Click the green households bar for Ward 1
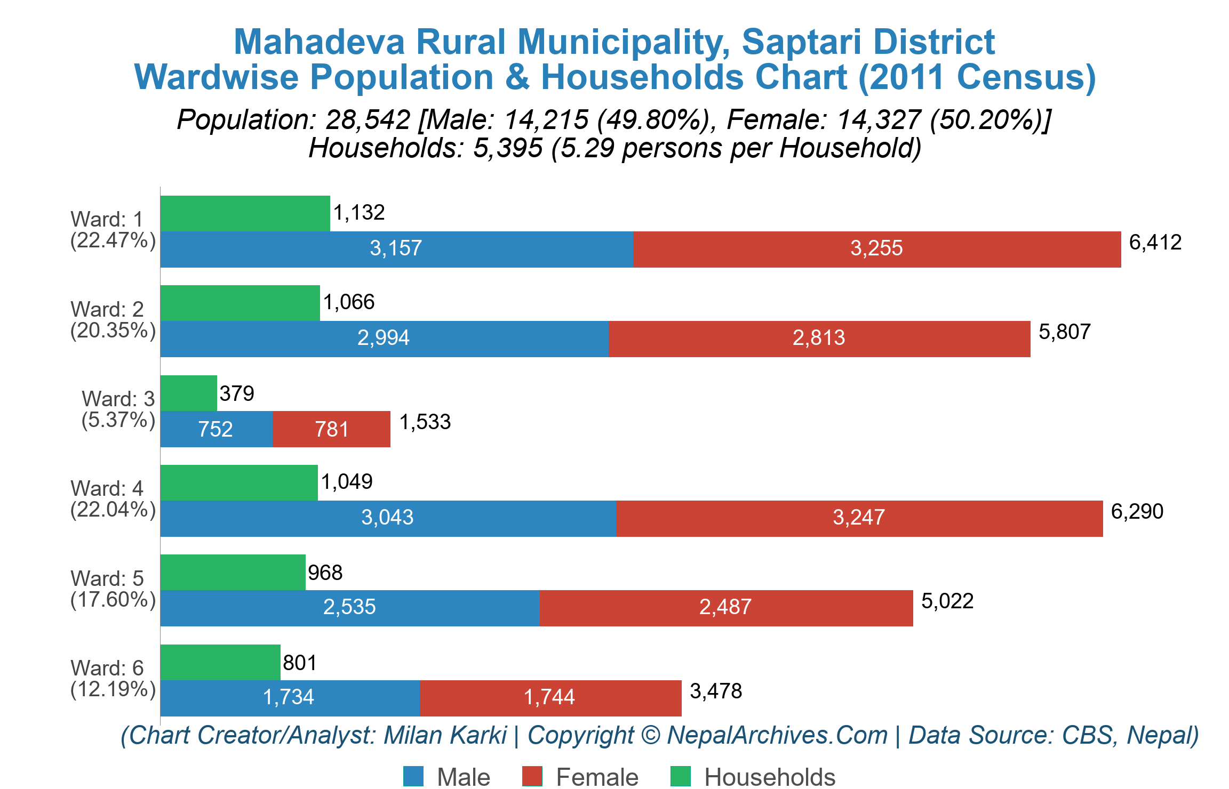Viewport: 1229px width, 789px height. point(245,213)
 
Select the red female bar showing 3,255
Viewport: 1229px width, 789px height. point(876,249)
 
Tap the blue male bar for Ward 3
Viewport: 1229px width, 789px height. point(216,429)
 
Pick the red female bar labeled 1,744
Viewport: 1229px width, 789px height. point(550,698)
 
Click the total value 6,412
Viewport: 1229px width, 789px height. point(1155,243)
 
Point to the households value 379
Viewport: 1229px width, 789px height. point(237,394)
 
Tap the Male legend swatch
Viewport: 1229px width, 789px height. point(413,776)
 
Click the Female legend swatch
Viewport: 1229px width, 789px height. point(532,776)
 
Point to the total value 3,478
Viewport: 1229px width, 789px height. point(715,691)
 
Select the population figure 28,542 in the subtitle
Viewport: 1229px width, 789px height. point(368,120)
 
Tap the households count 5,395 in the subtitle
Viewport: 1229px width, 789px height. point(507,148)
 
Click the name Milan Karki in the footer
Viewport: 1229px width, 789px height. point(445,735)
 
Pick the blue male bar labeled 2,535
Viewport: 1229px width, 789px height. point(349,608)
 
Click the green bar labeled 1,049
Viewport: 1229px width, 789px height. point(239,482)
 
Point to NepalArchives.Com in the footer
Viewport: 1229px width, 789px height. point(777,735)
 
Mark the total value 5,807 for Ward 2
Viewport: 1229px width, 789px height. point(1064,332)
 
